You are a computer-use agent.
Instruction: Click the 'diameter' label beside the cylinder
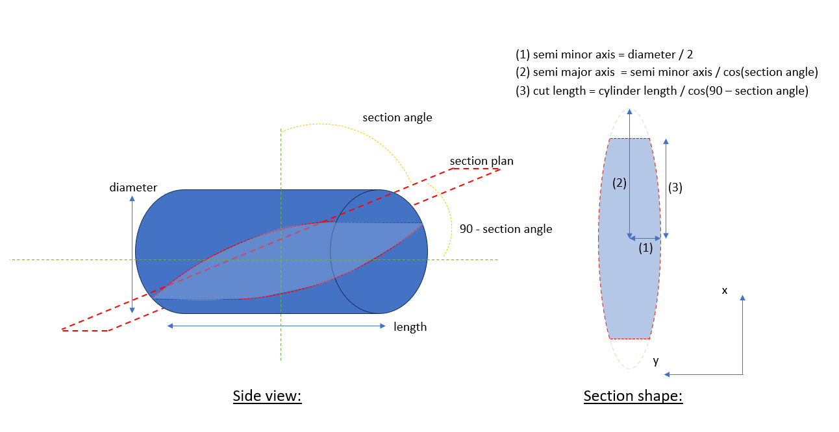[x=133, y=187]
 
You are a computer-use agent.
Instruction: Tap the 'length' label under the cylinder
[x=410, y=327]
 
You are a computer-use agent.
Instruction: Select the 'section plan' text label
[x=481, y=161]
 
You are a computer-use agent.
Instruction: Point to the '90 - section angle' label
[x=506, y=229]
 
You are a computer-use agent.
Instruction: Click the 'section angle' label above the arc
[x=397, y=117]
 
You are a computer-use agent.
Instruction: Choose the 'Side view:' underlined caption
[x=268, y=396]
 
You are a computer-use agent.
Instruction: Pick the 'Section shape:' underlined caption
[x=633, y=396]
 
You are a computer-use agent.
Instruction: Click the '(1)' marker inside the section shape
[x=645, y=247]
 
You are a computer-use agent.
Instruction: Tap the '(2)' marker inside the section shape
[x=620, y=183]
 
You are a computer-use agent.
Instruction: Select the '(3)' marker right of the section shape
[x=675, y=187]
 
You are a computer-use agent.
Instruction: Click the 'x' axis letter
[x=725, y=291]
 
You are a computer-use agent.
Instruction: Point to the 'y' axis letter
[x=656, y=361]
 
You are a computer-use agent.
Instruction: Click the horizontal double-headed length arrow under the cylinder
[x=277, y=326]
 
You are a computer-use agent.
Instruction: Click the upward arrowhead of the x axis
[x=742, y=298]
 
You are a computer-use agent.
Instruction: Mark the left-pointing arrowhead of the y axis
[x=668, y=374]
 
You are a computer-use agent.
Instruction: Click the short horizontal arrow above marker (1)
[x=645, y=238]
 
